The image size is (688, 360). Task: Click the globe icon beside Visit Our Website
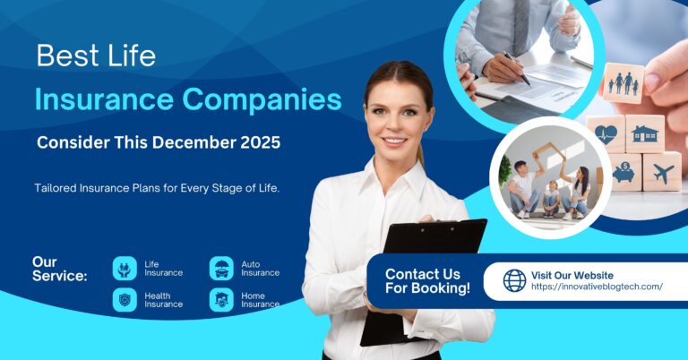[514, 280]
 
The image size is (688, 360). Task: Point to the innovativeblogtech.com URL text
[597, 287]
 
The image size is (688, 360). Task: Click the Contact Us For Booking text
[427, 280]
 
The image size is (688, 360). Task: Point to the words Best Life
[96, 56]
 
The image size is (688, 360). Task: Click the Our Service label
[59, 269]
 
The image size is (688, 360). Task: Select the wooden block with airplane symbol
[662, 171]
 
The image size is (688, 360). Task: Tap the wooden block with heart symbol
[606, 132]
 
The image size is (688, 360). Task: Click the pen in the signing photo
[515, 67]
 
